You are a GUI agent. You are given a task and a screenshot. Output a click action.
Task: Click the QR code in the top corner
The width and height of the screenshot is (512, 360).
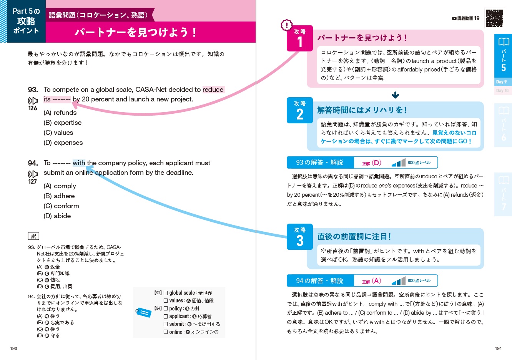(494, 18)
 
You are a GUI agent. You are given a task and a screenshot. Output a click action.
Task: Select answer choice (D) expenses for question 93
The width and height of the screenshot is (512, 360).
(63, 143)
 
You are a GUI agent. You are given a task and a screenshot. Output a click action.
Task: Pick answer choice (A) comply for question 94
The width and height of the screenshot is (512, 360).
(60, 186)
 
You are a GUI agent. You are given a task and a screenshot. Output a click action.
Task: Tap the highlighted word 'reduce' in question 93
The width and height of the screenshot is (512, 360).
(213, 90)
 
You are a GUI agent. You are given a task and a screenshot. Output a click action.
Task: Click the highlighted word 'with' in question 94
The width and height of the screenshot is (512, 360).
(79, 163)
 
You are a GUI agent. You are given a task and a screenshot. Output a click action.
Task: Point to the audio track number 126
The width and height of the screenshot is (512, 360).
(33, 108)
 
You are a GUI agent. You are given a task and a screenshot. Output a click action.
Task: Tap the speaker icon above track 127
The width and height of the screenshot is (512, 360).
(33, 174)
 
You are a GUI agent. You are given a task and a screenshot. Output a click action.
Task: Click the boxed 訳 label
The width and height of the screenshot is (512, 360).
(33, 236)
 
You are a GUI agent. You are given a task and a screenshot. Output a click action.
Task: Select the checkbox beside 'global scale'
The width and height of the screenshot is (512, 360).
(166, 293)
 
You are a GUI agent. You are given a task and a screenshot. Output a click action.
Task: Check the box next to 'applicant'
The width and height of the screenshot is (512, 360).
(166, 316)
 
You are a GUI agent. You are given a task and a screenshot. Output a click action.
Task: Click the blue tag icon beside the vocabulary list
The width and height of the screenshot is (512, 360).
(143, 312)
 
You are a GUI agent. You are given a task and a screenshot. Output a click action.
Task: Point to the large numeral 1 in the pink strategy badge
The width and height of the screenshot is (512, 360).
(300, 43)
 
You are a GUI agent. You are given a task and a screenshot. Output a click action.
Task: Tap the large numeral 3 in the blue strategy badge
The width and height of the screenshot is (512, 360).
(300, 241)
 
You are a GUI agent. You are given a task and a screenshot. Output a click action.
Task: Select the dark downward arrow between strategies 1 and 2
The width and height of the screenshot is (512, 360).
(395, 95)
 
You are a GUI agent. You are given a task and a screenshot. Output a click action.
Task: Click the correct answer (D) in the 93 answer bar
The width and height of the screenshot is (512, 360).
(376, 163)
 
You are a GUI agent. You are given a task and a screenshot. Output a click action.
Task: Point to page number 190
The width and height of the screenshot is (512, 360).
(13, 348)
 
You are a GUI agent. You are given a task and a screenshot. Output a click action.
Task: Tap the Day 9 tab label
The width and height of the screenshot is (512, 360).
(501, 82)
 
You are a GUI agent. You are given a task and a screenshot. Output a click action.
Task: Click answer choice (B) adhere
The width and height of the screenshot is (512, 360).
(59, 196)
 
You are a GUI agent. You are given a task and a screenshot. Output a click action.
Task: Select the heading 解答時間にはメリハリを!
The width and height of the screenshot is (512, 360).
(362, 110)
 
